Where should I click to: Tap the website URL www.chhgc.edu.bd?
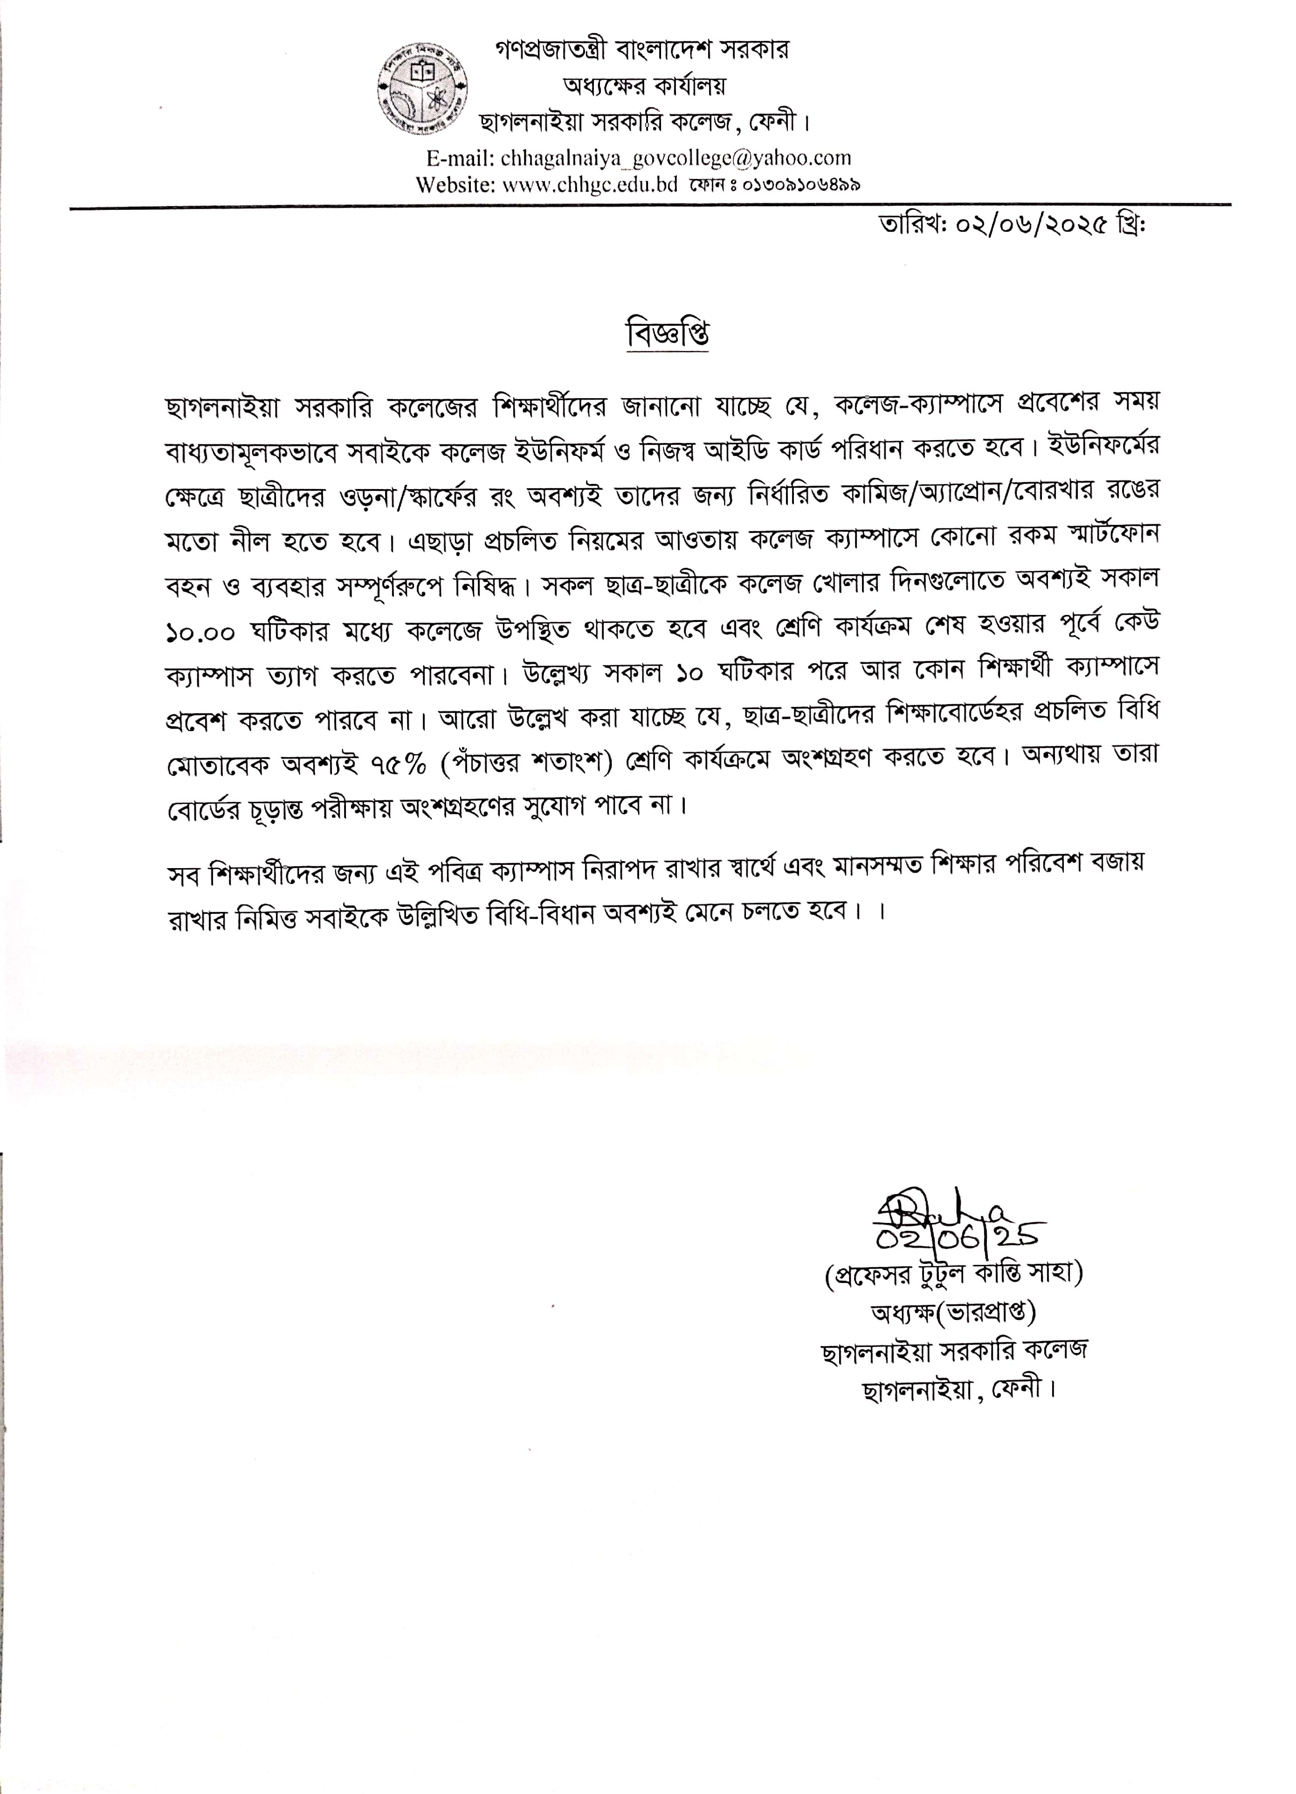click(590, 185)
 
